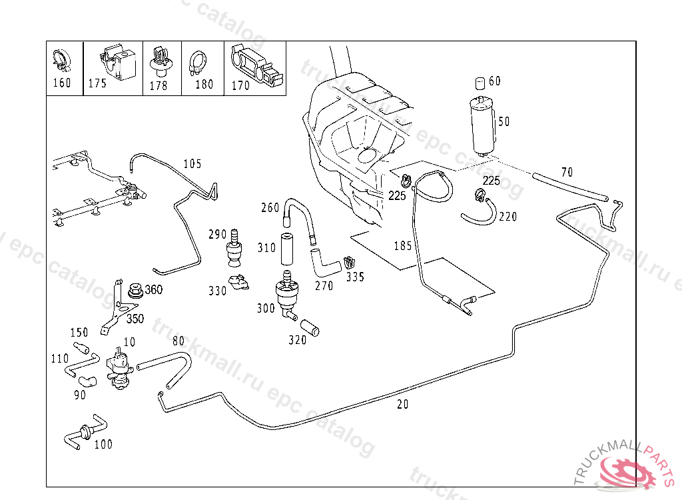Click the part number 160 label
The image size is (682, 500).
61,83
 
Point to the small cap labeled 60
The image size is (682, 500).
479,83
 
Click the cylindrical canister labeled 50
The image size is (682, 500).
482,125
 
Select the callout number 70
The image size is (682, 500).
566,172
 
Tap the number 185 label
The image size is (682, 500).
402,246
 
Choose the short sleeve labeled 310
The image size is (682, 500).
287,249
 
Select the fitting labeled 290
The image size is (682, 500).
234,249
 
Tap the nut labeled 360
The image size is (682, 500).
135,290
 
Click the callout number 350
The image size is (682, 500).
135,319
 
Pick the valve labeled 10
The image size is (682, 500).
119,365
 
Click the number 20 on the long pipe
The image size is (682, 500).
402,404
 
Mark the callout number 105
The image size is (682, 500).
192,164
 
